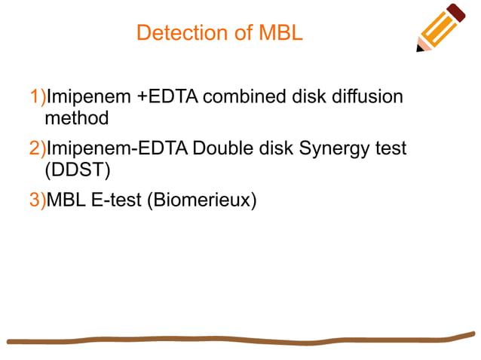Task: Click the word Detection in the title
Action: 177,33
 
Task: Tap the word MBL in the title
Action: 280,33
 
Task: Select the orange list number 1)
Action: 38,97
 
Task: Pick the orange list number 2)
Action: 38,148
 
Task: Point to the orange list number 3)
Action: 38,200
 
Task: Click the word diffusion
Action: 371,97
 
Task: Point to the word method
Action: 76,118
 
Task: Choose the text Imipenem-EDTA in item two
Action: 118,148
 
